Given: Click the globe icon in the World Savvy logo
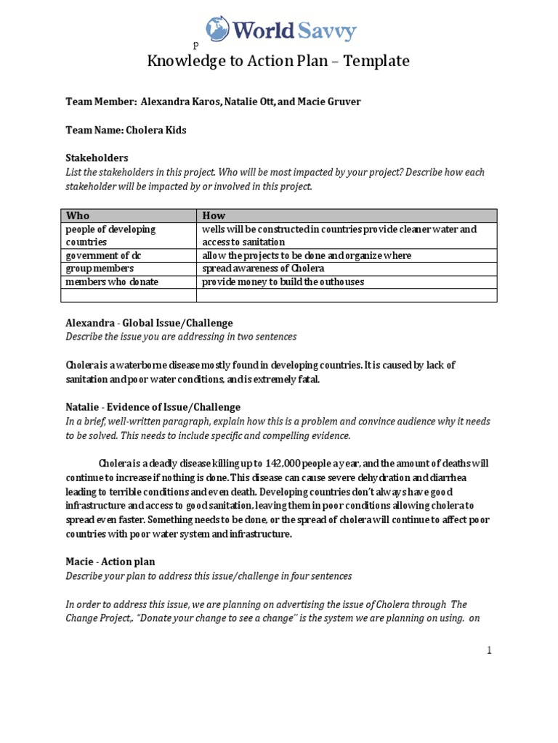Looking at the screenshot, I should pyautogui.click(x=217, y=28).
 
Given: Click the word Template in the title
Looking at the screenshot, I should pyautogui.click(x=376, y=61).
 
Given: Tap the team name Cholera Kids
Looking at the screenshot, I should pyautogui.click(x=155, y=130).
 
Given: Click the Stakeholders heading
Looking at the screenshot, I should pyautogui.click(x=97, y=157).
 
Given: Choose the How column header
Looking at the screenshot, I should pyautogui.click(x=214, y=215).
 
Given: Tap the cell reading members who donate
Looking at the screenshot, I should pyautogui.click(x=112, y=282).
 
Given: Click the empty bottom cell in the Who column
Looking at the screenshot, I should pyautogui.click(x=129, y=295).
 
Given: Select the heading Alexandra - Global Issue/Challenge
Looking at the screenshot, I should pyautogui.click(x=149, y=323).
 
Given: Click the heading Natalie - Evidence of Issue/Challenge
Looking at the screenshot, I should pyautogui.click(x=153, y=407).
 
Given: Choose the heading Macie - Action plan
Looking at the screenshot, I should pyautogui.click(x=110, y=562).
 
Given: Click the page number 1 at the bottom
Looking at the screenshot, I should pyautogui.click(x=490, y=651).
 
